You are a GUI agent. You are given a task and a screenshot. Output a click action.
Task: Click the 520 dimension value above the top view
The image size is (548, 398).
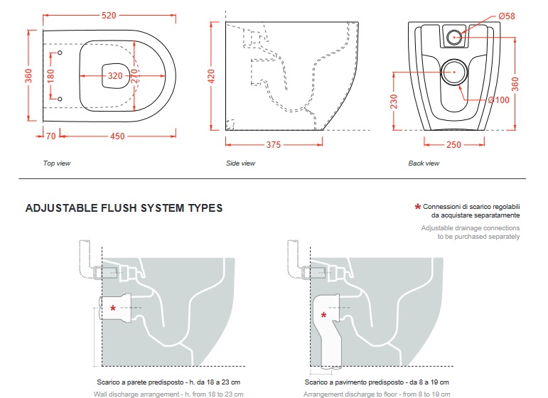(x=108, y=15)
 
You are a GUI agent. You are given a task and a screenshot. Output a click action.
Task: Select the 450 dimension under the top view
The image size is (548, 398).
(x=117, y=136)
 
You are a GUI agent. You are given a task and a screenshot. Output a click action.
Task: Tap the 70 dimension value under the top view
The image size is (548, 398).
(x=50, y=136)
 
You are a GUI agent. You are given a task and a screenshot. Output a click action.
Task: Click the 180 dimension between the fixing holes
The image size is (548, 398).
(x=50, y=75)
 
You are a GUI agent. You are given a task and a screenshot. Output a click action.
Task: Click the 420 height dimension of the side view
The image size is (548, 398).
(x=211, y=76)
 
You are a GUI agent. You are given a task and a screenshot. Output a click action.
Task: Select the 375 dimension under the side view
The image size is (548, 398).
(x=273, y=145)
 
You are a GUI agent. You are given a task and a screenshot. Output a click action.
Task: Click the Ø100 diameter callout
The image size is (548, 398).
(x=501, y=100)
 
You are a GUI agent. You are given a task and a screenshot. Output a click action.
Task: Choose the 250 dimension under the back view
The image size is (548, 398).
(x=453, y=145)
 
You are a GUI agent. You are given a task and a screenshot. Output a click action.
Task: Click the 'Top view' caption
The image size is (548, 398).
(x=57, y=163)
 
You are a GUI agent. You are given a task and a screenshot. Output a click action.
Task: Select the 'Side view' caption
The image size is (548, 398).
(x=240, y=163)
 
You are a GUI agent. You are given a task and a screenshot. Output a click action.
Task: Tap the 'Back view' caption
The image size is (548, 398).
(x=424, y=163)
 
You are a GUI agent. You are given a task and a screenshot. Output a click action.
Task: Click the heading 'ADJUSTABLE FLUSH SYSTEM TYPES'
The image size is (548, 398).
(x=124, y=208)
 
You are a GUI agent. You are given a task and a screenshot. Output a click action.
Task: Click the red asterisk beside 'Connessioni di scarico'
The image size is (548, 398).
(x=417, y=207)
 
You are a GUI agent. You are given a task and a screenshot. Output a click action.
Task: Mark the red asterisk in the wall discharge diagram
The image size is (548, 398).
(x=114, y=308)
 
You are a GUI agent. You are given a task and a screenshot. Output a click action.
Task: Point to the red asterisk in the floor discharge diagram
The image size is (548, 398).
(x=325, y=315)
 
